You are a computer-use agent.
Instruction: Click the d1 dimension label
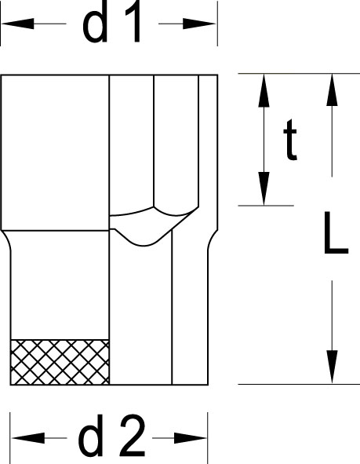pyautogui.click(x=111, y=22)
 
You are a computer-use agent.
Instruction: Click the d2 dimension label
pyautogui.click(x=112, y=435)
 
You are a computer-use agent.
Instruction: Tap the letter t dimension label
pyautogui.click(x=290, y=140)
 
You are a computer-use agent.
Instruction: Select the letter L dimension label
pyautogui.click(x=336, y=233)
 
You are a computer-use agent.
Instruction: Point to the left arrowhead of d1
pyautogui.click(x=18, y=24)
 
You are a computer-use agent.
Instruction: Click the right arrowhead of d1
pyautogui.click(x=199, y=24)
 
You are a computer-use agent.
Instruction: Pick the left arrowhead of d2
pyautogui.click(x=28, y=438)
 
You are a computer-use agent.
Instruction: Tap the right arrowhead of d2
pyautogui.click(x=191, y=438)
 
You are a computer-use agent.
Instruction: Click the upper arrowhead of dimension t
pyautogui.click(x=264, y=90)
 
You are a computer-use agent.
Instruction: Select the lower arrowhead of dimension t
pyautogui.click(x=264, y=188)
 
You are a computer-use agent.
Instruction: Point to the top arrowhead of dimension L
pyautogui.click(x=332, y=90)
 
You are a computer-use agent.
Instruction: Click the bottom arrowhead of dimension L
pyautogui.click(x=332, y=367)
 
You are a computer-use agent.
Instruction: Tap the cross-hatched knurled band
pyautogui.click(x=60, y=362)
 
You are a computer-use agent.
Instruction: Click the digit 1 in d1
pyautogui.click(x=133, y=22)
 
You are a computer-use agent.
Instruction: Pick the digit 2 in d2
pyautogui.click(x=133, y=435)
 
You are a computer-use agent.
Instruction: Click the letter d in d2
pyautogui.click(x=91, y=436)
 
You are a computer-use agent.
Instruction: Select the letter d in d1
pyautogui.click(x=95, y=22)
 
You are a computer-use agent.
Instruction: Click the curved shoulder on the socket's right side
pyautogui.click(x=212, y=240)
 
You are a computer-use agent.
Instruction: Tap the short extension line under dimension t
pyautogui.click(x=266, y=206)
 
